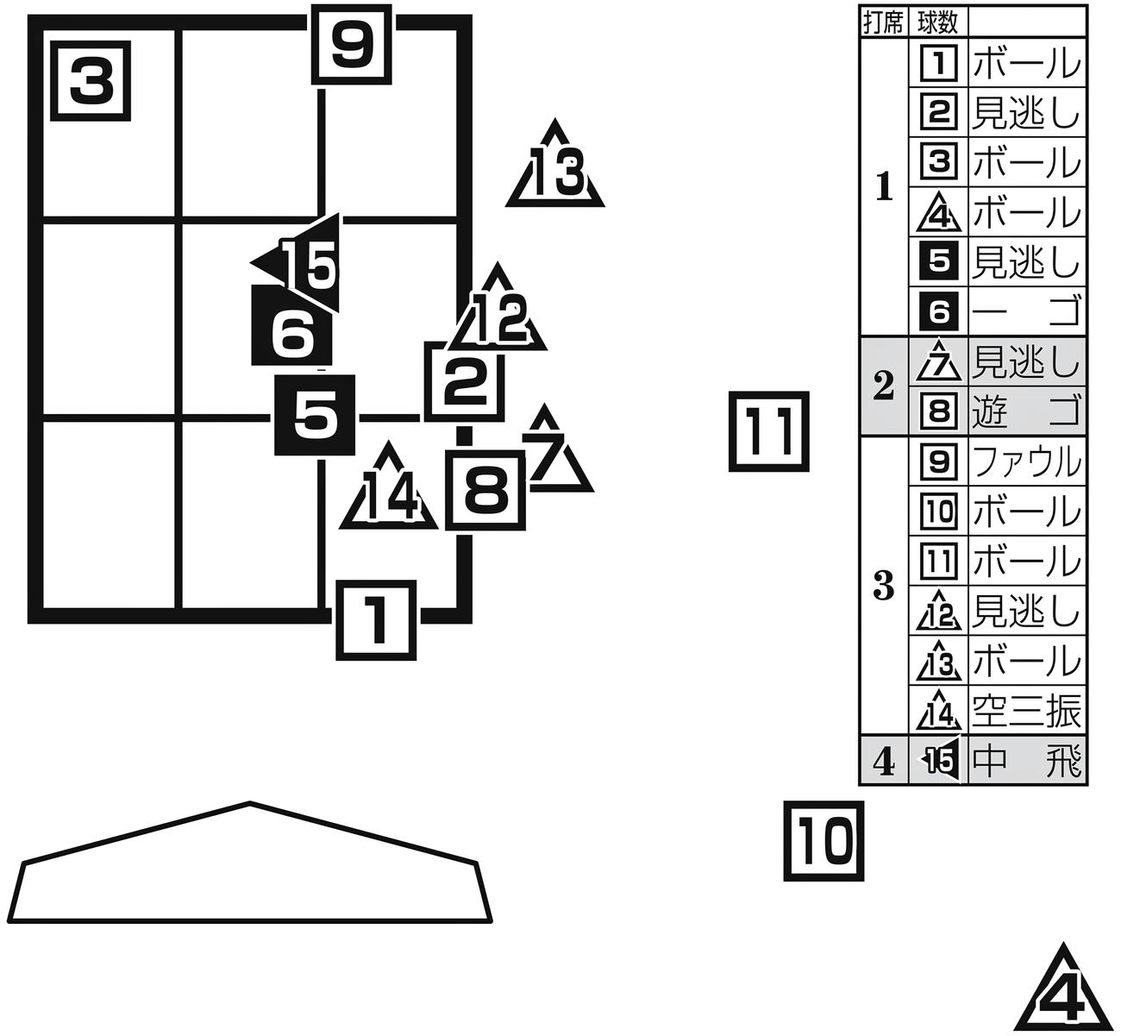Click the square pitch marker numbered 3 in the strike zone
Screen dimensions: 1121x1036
(91, 81)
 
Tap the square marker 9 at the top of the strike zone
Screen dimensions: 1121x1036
(352, 45)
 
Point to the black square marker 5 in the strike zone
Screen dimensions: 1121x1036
(315, 415)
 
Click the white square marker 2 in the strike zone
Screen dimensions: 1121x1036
(465, 381)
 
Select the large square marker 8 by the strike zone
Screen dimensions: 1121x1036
(485, 490)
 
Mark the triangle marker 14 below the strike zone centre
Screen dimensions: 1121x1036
(388, 487)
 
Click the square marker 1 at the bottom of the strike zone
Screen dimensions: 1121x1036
(376, 620)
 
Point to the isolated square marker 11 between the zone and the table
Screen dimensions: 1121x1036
(769, 431)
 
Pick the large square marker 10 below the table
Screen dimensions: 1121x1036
(824, 841)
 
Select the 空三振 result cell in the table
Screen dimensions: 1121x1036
(1027, 711)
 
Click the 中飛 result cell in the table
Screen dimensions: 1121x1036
(1027, 760)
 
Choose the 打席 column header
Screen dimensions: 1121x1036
(884, 22)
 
